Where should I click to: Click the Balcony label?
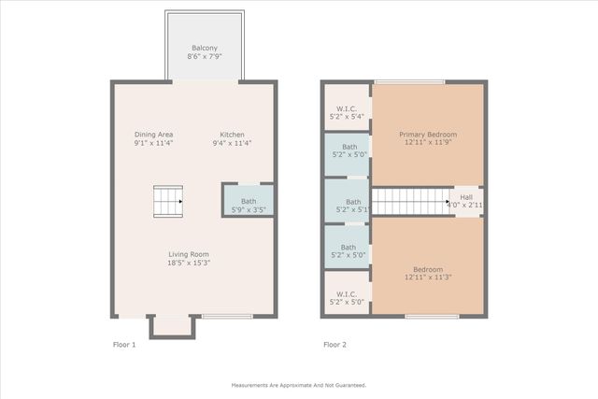[x=205, y=48]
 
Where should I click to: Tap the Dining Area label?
[x=153, y=135]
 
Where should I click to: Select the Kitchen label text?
[x=233, y=135]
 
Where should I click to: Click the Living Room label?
[x=188, y=254]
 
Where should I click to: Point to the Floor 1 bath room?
[x=249, y=201]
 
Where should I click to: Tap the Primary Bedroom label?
[x=428, y=135]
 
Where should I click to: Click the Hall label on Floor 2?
[x=465, y=197]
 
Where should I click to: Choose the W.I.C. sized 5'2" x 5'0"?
[x=348, y=295]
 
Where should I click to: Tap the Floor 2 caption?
[x=335, y=345]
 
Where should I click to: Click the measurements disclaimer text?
[x=298, y=385]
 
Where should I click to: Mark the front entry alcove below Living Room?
[x=172, y=325]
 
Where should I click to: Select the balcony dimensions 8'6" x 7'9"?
[x=205, y=57]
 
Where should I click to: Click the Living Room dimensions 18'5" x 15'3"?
[x=188, y=264]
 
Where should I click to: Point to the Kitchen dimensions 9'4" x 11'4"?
[x=233, y=144]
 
